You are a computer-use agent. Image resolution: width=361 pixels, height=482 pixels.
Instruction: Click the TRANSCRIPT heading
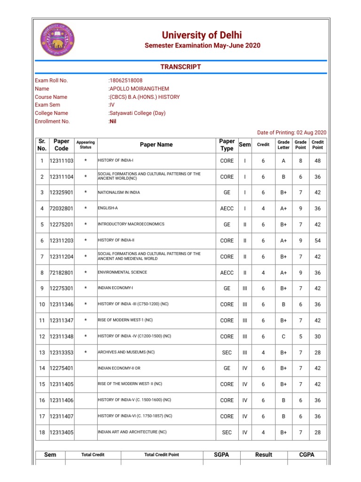pyautogui.click(x=180, y=67)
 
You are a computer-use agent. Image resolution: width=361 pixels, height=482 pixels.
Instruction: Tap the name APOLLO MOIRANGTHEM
pyautogui.click(x=139, y=88)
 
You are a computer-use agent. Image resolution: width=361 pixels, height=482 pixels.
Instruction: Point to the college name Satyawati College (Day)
pyautogui.click(x=137, y=113)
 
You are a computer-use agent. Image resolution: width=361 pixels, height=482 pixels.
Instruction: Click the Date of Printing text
pyautogui.click(x=291, y=133)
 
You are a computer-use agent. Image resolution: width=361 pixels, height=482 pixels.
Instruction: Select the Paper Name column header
pyautogui.click(x=156, y=145)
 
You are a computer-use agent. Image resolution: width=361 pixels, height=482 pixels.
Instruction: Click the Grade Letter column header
pyautogui.click(x=283, y=145)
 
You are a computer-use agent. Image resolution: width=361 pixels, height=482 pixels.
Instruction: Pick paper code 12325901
pyautogui.click(x=62, y=193)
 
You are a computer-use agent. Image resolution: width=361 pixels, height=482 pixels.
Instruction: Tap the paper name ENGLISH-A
pyautogui.click(x=107, y=209)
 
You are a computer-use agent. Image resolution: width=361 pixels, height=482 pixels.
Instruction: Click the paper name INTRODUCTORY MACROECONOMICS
pyautogui.click(x=131, y=225)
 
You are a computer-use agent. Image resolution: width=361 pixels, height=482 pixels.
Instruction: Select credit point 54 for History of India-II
pyautogui.click(x=318, y=241)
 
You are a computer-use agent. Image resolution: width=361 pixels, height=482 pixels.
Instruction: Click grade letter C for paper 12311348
pyautogui.click(x=283, y=337)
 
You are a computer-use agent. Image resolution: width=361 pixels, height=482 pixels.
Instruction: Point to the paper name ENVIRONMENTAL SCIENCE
pyautogui.click(x=122, y=273)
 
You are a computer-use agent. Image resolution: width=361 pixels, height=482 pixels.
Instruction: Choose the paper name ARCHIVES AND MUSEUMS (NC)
pyautogui.click(x=126, y=353)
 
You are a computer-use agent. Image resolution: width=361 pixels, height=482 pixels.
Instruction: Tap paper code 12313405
pyautogui.click(x=62, y=432)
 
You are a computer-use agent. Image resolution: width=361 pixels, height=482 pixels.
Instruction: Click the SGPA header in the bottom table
pyautogui.click(x=221, y=455)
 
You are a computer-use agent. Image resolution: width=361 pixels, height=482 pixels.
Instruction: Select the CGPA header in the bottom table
pyautogui.click(x=306, y=455)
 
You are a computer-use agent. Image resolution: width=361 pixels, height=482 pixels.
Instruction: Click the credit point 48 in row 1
pyautogui.click(x=318, y=161)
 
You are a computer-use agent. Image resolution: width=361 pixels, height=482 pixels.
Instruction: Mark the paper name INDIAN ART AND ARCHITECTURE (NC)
pyautogui.click(x=132, y=432)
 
